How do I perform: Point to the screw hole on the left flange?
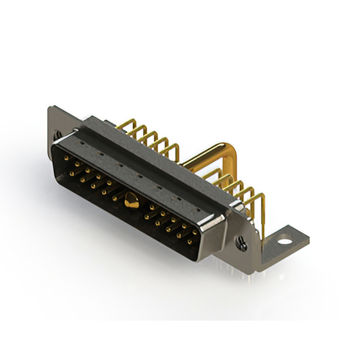pyautogui.click(x=57, y=134)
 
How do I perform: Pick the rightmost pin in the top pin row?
pyautogui.click(x=195, y=231)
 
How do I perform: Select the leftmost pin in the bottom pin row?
pyautogui.click(x=71, y=173)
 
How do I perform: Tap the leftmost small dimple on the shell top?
pyautogui.click(x=82, y=145)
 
